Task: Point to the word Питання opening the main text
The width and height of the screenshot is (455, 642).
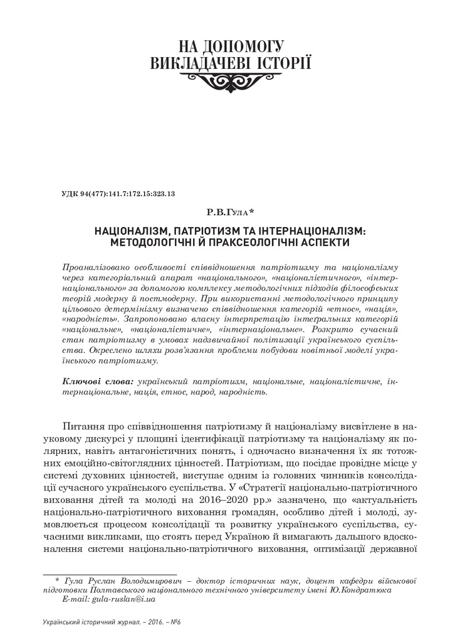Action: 83,424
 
